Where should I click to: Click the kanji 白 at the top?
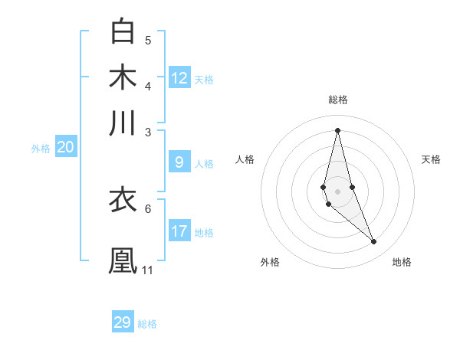123,31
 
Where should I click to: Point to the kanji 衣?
123,200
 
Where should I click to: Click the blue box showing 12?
179,77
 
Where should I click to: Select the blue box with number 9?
179,162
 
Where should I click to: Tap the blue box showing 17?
179,231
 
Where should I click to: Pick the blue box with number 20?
66,148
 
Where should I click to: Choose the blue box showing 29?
123,322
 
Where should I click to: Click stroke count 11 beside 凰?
148,270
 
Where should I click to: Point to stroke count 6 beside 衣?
148,208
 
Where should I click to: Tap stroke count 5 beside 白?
148,41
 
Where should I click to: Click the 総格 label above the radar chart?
338,100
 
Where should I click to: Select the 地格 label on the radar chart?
402,262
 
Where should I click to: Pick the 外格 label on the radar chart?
270,262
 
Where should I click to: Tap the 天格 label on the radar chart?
431,159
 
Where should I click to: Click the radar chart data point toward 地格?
374,242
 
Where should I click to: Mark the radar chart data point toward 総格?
337,129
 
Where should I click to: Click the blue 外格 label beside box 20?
41,149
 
